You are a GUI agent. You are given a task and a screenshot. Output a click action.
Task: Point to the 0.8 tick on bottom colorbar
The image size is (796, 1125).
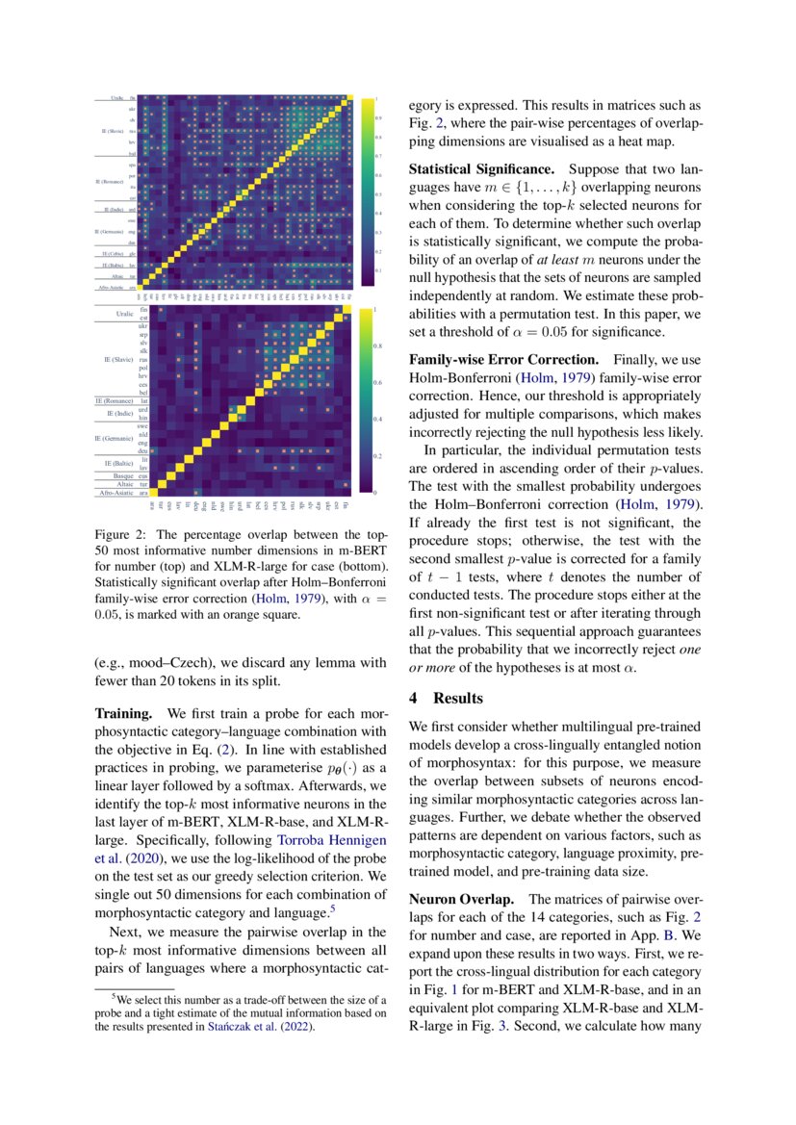[377, 345]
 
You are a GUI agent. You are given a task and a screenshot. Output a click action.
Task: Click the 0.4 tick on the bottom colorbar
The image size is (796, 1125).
[377, 419]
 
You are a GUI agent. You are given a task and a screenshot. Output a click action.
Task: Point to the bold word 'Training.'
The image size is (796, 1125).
[123, 715]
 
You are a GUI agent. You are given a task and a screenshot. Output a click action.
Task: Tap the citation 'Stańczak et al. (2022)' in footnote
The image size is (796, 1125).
[262, 1027]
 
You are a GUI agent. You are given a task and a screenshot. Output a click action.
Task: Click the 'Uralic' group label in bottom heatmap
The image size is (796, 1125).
[124, 314]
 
